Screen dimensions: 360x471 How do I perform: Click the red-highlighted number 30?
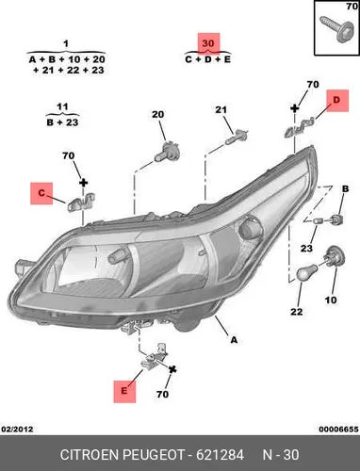(208, 43)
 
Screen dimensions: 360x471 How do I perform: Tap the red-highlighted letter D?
(336, 100)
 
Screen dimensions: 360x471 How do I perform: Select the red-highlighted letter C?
(41, 193)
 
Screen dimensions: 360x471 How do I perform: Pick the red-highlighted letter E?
(124, 391)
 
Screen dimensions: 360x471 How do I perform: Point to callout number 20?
(157, 115)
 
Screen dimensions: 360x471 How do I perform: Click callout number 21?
(221, 110)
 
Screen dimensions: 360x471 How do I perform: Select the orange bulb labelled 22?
(306, 273)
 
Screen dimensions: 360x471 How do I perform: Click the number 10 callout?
(331, 300)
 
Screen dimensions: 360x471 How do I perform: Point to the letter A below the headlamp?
(234, 340)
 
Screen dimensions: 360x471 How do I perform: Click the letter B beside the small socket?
(345, 189)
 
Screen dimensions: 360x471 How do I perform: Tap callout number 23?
(306, 249)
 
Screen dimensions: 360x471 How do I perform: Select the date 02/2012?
(17, 430)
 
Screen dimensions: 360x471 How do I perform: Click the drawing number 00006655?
(338, 430)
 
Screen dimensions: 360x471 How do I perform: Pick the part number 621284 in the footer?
(220, 455)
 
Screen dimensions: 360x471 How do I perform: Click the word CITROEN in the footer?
(90, 455)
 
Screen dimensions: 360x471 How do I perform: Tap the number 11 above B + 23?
(62, 106)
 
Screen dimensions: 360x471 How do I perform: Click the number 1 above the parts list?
(66, 43)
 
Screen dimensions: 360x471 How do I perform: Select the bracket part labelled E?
(154, 356)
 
